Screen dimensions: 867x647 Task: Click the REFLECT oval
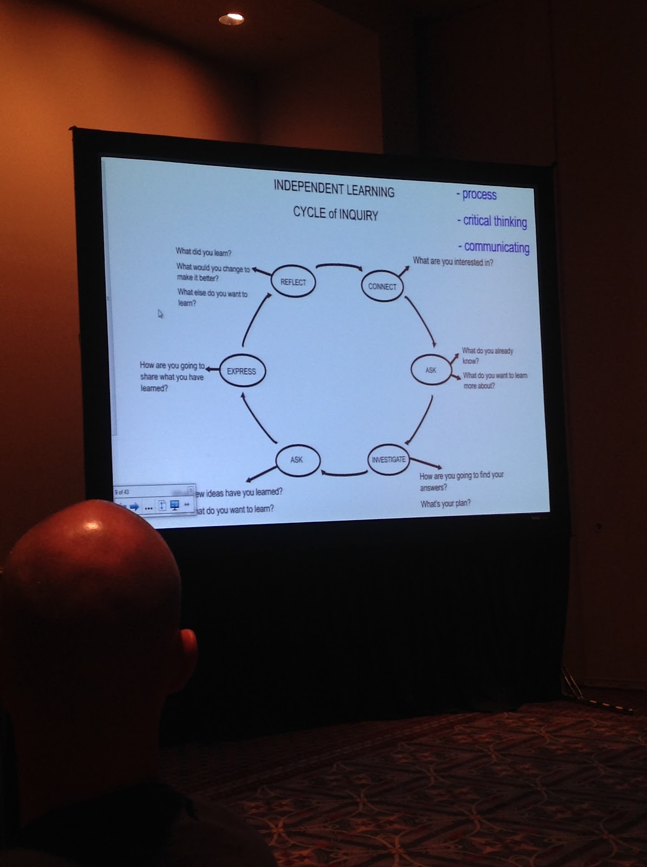293,282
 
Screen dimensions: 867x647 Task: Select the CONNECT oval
382,286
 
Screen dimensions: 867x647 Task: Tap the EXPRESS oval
241,371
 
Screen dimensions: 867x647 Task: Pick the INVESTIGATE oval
388,460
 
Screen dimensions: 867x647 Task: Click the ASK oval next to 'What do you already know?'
431,370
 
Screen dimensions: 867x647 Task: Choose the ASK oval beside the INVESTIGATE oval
297,460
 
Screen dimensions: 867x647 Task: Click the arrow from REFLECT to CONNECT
338,266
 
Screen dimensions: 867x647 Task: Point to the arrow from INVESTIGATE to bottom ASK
344,474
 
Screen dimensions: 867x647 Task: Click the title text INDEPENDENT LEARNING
334,189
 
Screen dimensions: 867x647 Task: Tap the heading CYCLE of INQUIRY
336,213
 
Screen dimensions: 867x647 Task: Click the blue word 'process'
479,195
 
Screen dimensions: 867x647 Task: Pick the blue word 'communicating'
496,247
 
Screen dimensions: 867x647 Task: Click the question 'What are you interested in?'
453,262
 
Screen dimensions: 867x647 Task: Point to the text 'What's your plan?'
446,503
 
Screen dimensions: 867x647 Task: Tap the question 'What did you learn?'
203,252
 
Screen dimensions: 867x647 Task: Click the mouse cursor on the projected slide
160,313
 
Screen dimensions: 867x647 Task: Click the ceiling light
231,18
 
